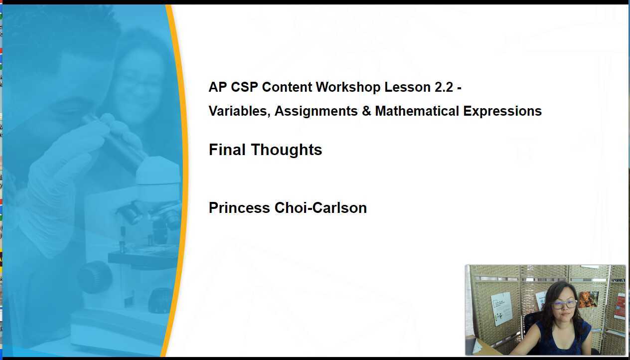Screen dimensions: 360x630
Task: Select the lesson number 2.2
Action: (444, 87)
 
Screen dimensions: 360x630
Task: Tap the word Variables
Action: (239, 111)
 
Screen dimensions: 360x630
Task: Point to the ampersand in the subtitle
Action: (366, 111)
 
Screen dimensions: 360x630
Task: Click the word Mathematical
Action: (417, 111)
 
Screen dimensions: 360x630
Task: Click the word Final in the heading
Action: (227, 150)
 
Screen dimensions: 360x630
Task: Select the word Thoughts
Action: (287, 150)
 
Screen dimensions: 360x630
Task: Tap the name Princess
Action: (239, 208)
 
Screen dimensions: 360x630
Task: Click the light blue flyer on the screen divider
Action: (501, 308)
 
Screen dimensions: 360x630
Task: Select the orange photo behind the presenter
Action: (588, 299)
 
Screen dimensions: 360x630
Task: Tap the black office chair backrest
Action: (532, 324)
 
